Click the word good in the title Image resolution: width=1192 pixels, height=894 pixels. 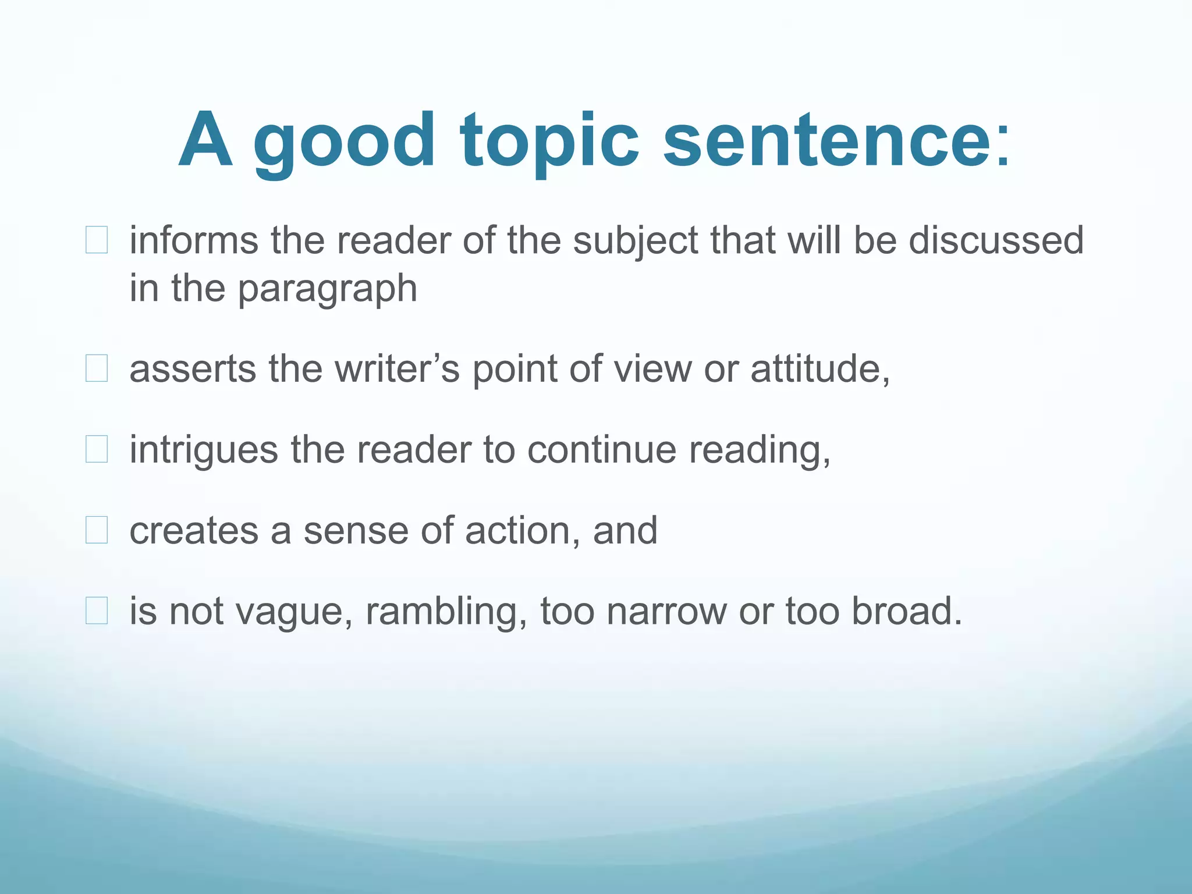pyautogui.click(x=343, y=143)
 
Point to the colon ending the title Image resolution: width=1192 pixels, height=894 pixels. pyautogui.click(x=1003, y=146)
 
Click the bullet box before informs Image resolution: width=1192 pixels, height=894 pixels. pyautogui.click(x=97, y=240)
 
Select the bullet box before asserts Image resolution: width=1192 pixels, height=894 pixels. pyautogui.click(x=97, y=368)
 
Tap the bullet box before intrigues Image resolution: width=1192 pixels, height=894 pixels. pyautogui.click(x=97, y=449)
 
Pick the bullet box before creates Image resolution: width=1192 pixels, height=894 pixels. pyautogui.click(x=97, y=530)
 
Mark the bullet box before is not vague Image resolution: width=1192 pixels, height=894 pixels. pyautogui.click(x=97, y=611)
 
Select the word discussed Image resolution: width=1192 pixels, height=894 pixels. pyautogui.click(x=996, y=240)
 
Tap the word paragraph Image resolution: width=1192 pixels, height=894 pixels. pyautogui.click(x=328, y=289)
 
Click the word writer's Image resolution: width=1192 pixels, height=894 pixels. pyautogui.click(x=398, y=368)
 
